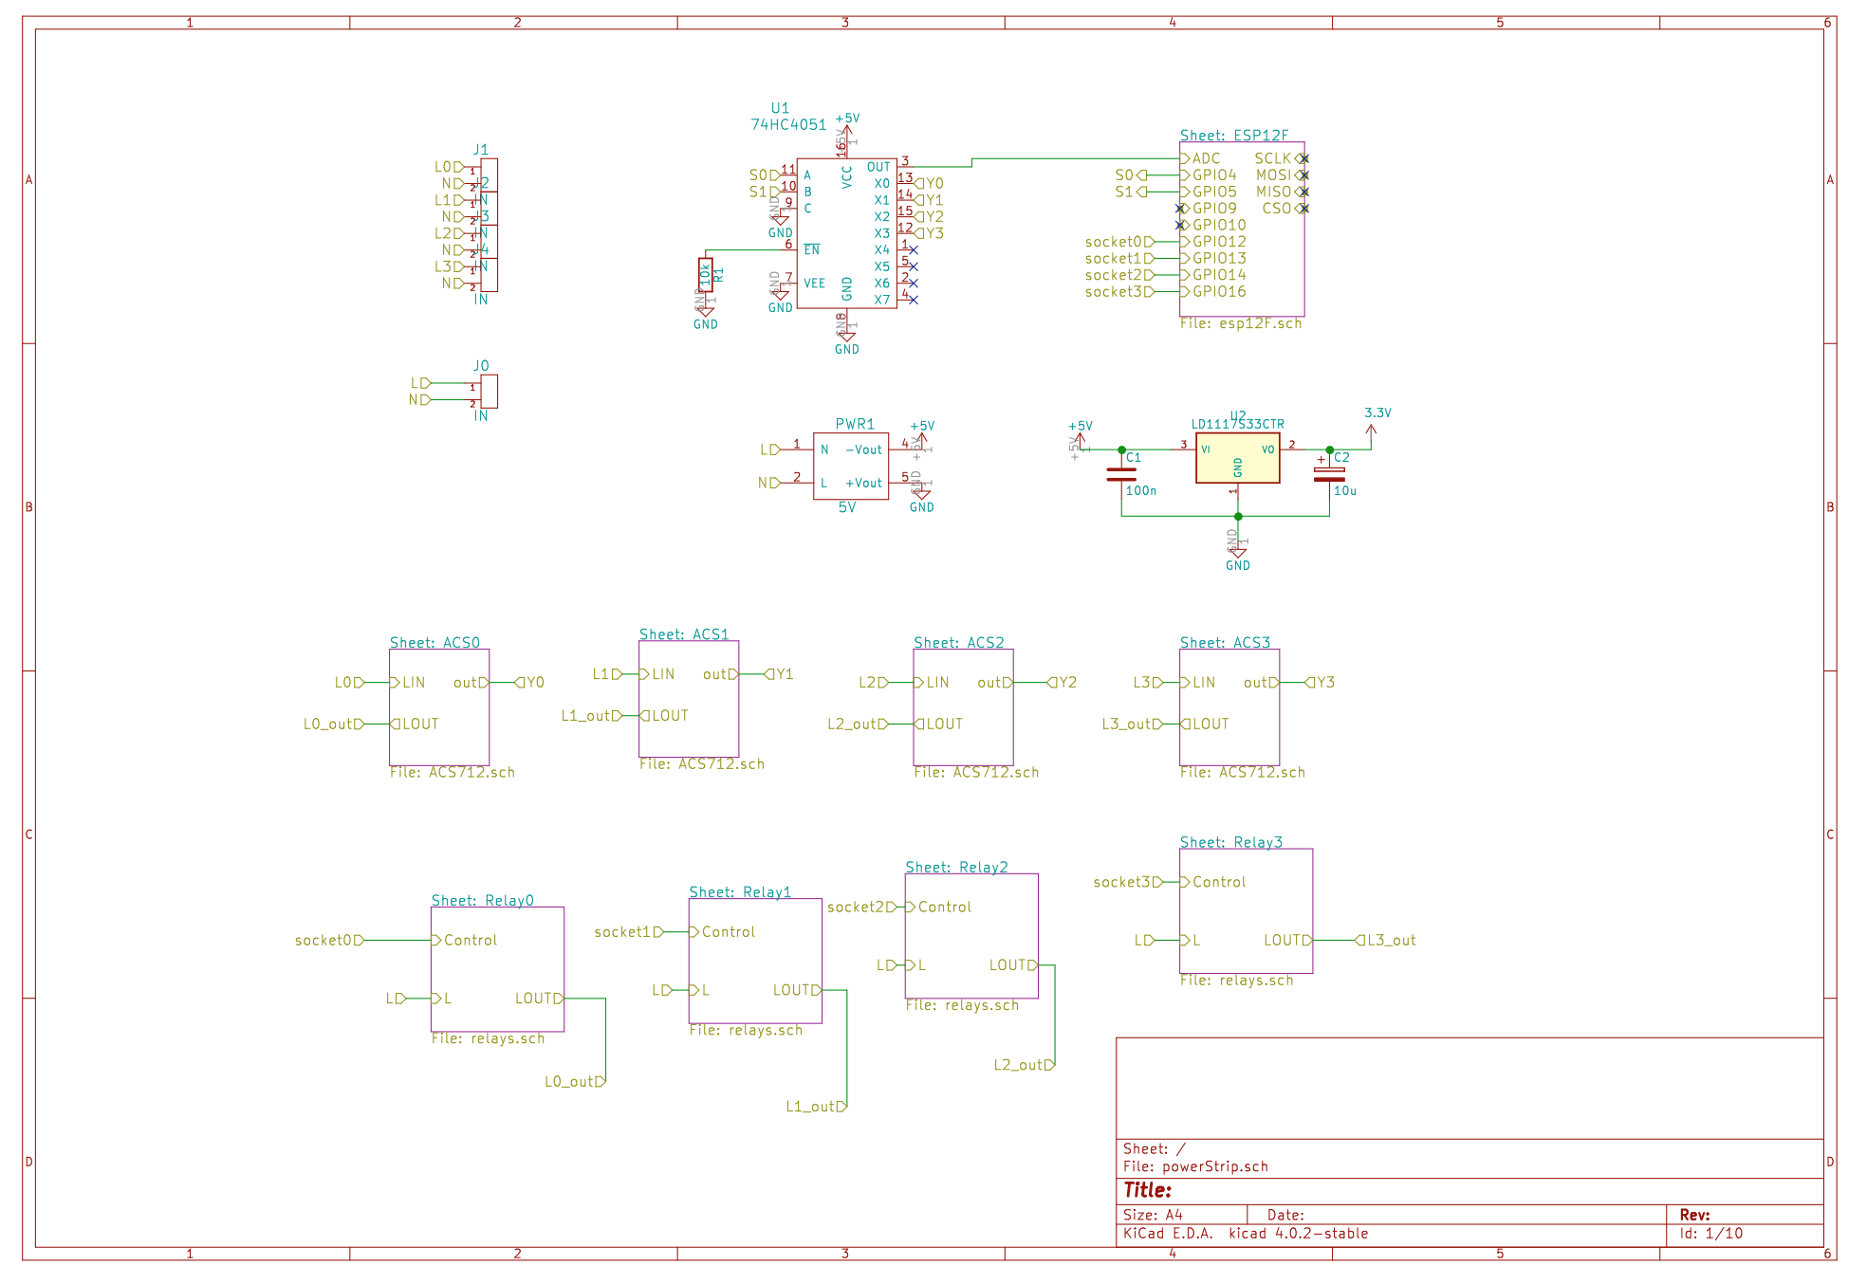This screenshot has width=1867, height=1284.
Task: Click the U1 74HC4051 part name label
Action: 787,124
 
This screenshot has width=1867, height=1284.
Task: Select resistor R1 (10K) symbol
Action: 705,274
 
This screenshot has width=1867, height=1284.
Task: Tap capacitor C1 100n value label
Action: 1140,491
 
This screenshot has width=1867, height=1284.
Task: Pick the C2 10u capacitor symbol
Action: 1328,474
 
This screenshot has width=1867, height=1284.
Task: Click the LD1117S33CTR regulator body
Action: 1237,458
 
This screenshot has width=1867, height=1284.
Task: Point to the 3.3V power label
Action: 1377,413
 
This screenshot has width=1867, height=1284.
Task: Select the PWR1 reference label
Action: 854,425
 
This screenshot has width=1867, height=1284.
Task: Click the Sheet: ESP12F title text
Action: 1233,136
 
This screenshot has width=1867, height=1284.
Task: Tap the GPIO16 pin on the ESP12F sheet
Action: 1218,292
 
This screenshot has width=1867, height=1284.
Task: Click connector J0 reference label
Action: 481,366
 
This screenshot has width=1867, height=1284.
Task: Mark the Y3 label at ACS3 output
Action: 1324,683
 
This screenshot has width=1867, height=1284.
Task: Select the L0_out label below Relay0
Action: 569,1082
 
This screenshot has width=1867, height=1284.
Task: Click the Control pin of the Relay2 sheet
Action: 944,908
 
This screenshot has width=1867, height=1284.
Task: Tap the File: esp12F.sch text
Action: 1240,324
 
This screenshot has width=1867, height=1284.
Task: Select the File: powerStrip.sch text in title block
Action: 1195,1167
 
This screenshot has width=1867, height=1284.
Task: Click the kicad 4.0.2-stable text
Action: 1298,1234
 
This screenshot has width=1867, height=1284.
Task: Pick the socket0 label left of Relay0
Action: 323,941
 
